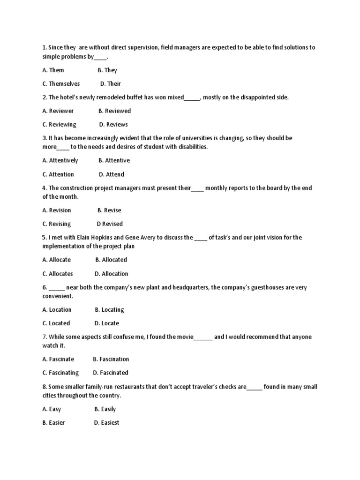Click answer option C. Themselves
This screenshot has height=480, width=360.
coord(61,84)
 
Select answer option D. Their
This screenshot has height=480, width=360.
coord(111,84)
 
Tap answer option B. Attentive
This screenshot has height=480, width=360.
coord(114,160)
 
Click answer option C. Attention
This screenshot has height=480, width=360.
coord(58,174)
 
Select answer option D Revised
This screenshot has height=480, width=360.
coord(110,224)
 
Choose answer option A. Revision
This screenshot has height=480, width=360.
coord(57,210)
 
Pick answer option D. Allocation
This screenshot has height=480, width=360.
coord(111,274)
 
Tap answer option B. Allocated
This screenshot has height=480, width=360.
coord(111,260)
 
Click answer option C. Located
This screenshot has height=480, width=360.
coord(56,323)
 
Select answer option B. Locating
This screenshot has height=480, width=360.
coord(109,310)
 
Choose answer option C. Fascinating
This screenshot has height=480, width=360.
coord(60,373)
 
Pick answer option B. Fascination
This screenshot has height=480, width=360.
coord(111,359)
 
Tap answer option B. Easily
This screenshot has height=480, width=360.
coord(105,409)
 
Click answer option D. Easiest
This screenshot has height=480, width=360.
coord(107,423)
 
